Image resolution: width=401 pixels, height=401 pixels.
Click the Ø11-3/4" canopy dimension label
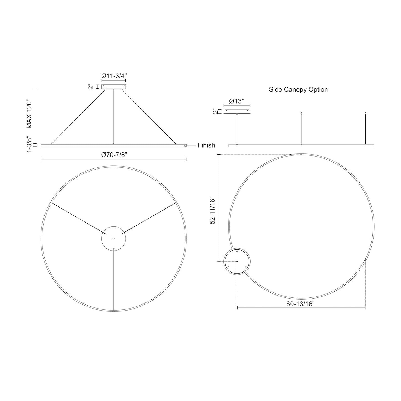tap(114, 75)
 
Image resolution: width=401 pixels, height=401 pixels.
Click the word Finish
tap(206, 145)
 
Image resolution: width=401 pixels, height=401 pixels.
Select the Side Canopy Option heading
tap(298, 90)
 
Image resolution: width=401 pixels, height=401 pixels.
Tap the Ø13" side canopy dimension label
tap(237, 101)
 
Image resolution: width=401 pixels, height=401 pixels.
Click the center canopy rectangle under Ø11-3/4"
tap(114, 87)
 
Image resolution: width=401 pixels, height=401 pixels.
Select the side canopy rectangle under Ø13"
tap(237, 111)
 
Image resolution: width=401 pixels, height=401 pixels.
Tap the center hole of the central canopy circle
tap(114, 238)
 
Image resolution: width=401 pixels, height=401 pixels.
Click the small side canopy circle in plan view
tap(237, 261)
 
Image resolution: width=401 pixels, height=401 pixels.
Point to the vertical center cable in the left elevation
tap(114, 117)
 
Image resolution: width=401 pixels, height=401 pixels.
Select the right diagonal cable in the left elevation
tap(149, 117)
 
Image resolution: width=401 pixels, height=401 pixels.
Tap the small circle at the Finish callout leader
tap(185, 145)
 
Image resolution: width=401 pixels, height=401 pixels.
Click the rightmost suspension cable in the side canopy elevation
tap(365, 129)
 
